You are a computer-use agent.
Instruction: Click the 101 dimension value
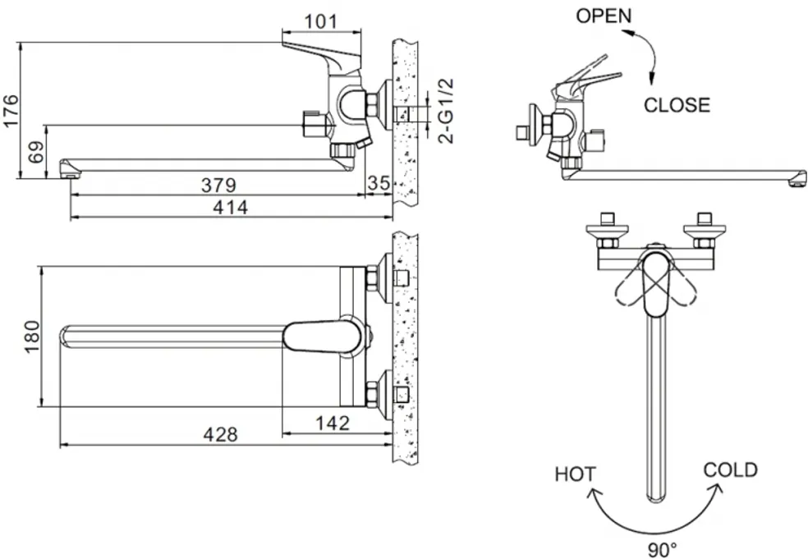pos(320,21)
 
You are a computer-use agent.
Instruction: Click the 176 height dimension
pos(11,110)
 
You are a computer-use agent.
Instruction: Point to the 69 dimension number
pos(36,152)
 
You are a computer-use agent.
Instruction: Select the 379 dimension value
pos(218,185)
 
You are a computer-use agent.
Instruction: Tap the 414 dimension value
pos(231,207)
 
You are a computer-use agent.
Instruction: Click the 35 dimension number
pos(379,182)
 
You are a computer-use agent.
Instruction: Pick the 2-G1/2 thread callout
pos(446,111)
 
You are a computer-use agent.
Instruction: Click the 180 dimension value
pos(32,337)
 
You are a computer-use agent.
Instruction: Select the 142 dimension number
pos(333,424)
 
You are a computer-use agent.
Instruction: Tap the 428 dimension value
pos(221,435)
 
